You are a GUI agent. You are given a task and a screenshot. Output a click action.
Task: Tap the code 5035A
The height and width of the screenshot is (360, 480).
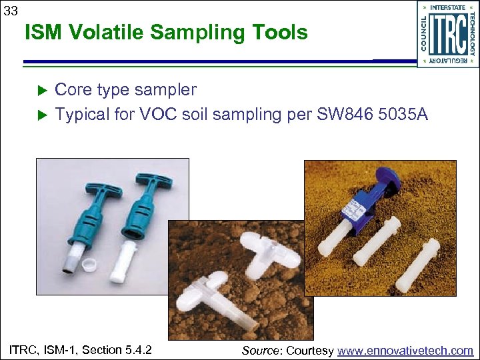click(403, 115)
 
